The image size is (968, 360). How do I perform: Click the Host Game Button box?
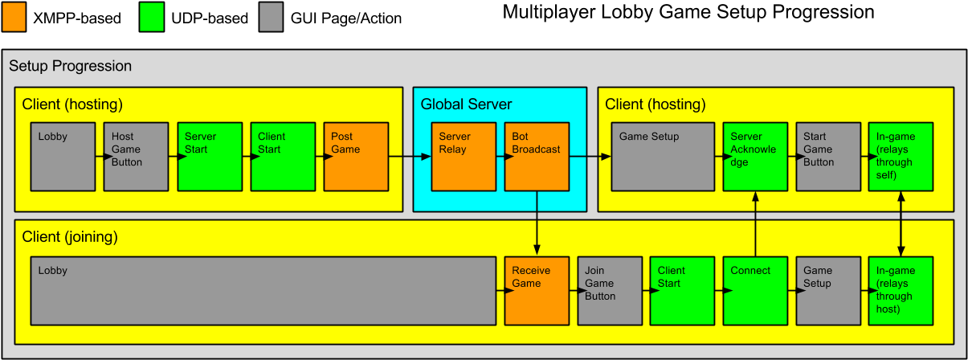(x=136, y=157)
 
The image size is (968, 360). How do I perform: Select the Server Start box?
(x=210, y=157)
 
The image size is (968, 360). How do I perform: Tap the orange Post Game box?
(x=356, y=157)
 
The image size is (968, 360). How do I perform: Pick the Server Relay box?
(x=464, y=157)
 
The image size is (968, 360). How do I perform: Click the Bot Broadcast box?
(x=537, y=157)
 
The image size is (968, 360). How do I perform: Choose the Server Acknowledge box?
(x=755, y=157)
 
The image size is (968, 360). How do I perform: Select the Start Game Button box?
(x=828, y=157)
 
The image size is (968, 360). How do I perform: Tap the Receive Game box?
(x=537, y=291)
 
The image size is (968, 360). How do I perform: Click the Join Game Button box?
(x=610, y=291)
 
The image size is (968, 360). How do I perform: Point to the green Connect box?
(x=755, y=291)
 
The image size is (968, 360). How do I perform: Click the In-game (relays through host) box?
(x=901, y=291)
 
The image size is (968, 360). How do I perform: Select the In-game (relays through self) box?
(x=901, y=157)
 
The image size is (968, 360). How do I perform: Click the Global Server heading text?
(x=466, y=104)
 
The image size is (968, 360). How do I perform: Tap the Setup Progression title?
(x=70, y=66)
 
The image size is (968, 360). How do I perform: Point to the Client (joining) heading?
(x=70, y=237)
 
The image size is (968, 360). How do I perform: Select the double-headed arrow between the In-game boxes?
(x=901, y=223)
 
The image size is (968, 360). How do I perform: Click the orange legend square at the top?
(x=14, y=17)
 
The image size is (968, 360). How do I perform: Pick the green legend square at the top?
(x=152, y=17)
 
